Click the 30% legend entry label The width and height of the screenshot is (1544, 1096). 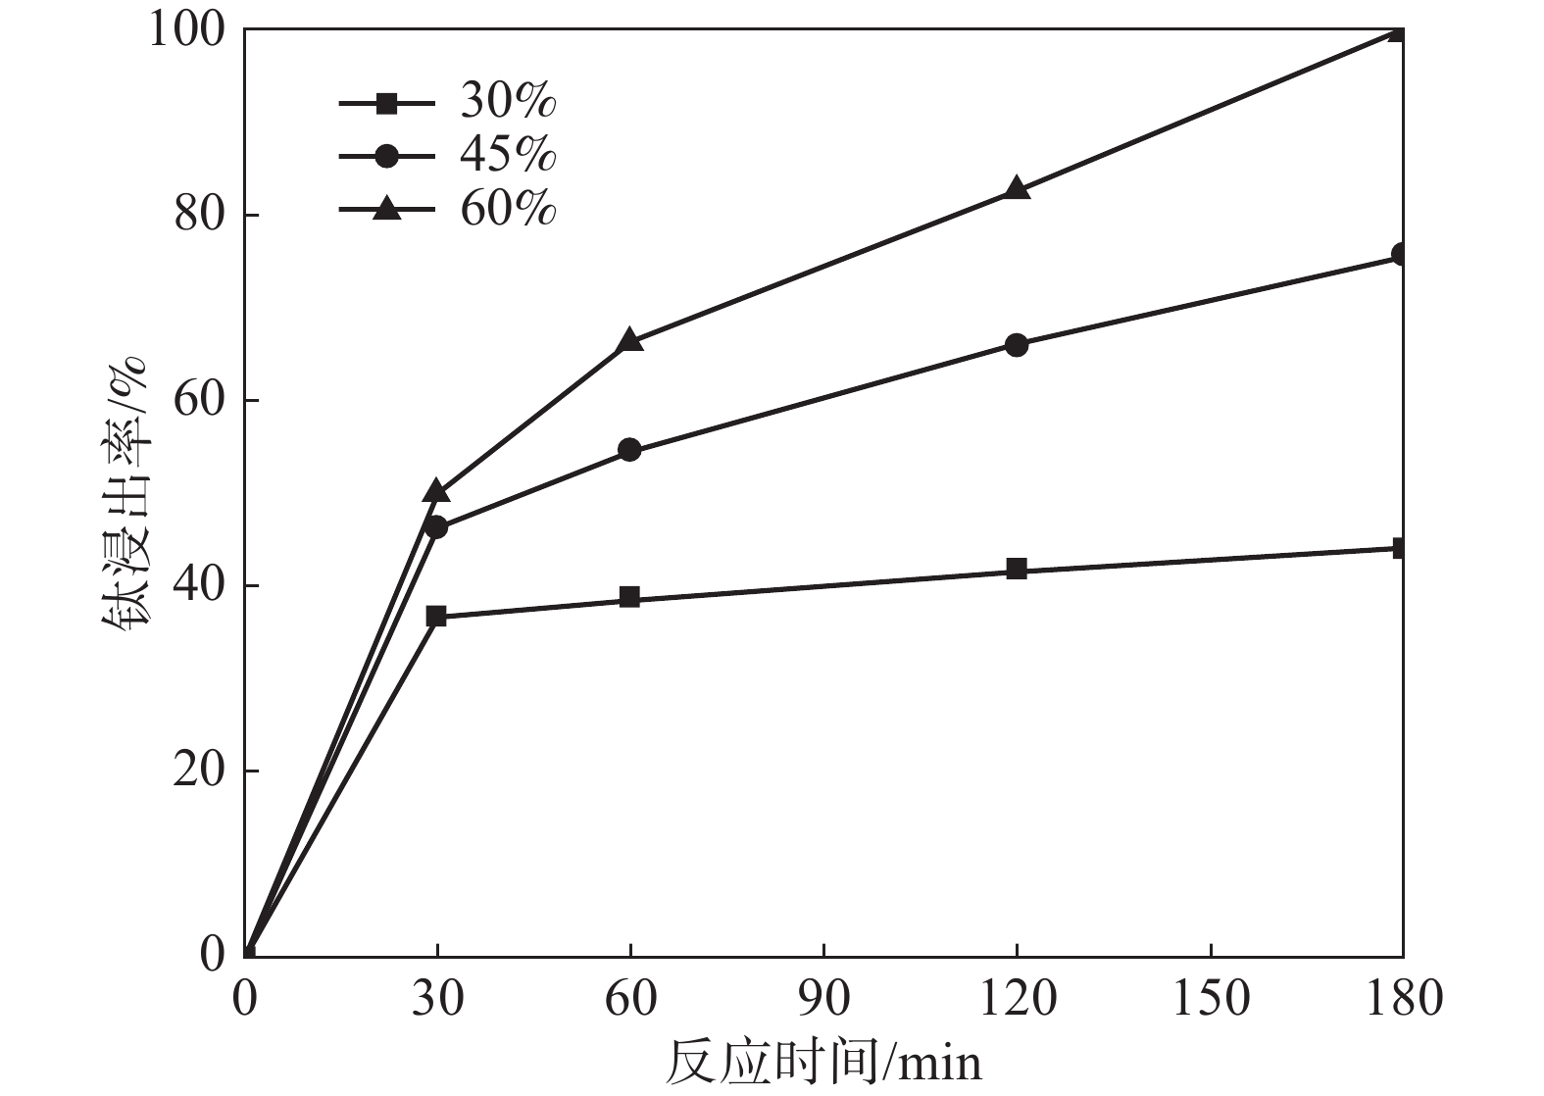(x=509, y=102)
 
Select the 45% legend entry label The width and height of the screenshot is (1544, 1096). (x=509, y=156)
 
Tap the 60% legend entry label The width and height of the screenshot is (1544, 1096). (x=509, y=209)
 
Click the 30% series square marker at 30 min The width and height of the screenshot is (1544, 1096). (x=437, y=617)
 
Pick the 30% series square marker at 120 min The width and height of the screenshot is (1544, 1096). (x=1017, y=570)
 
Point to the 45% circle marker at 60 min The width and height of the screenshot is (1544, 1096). (x=629, y=450)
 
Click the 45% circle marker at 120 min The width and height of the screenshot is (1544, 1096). (x=1017, y=345)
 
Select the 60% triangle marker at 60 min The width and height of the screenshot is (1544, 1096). (x=629, y=341)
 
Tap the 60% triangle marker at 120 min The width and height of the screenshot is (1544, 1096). (x=1017, y=188)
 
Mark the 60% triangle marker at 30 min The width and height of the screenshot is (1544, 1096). (x=437, y=491)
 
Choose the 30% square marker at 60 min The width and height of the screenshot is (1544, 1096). (x=629, y=598)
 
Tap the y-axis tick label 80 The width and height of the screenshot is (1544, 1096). (x=201, y=216)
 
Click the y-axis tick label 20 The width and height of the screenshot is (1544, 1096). (x=201, y=772)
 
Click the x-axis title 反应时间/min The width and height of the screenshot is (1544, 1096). (x=823, y=1063)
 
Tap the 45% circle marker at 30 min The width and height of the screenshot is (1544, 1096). (x=437, y=527)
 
